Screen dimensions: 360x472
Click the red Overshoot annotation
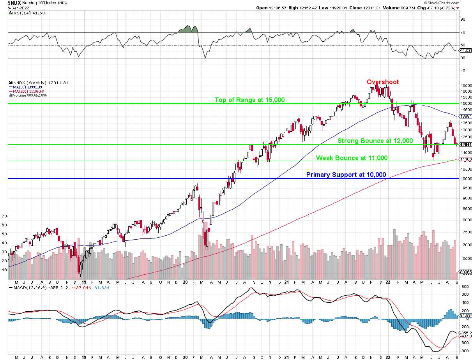tap(382, 82)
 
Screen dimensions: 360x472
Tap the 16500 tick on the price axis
tap(466, 85)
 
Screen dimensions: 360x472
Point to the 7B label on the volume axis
tap(4, 216)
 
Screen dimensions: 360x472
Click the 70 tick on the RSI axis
tap(463, 32)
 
